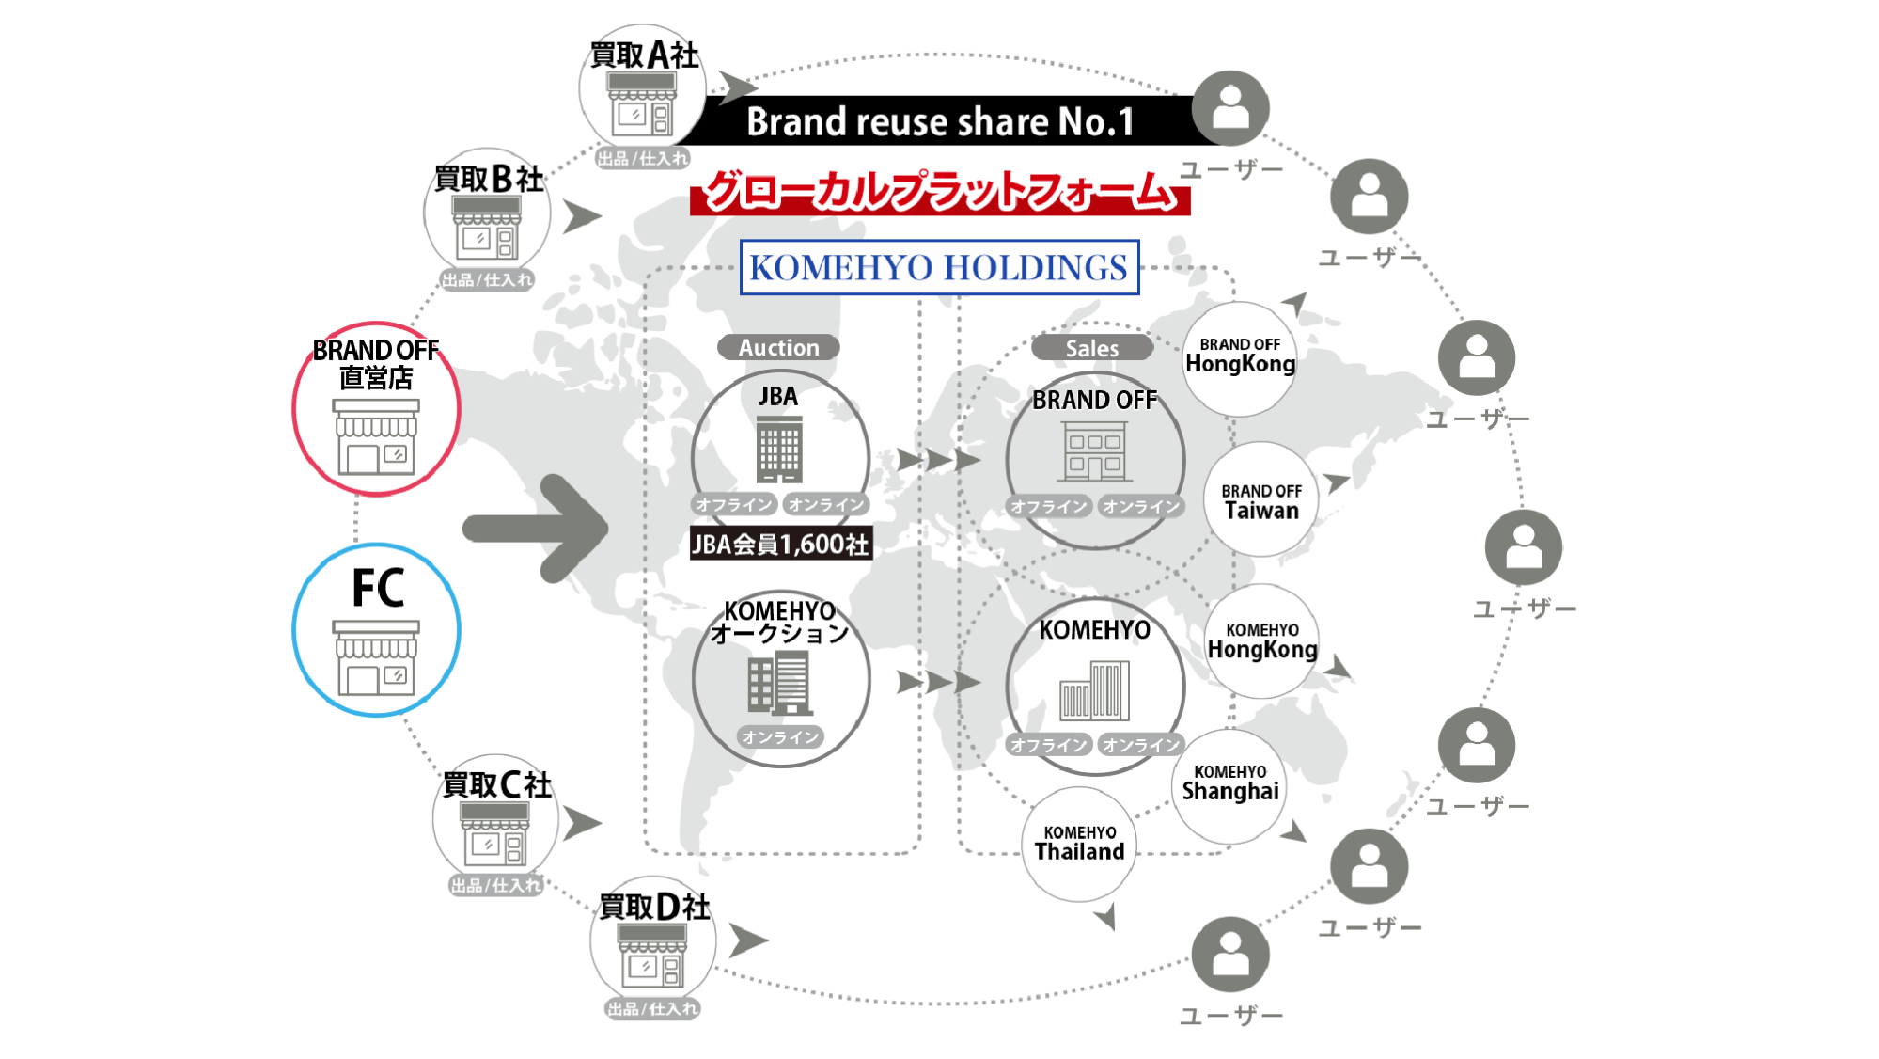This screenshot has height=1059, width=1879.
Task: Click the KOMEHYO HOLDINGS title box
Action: tap(939, 268)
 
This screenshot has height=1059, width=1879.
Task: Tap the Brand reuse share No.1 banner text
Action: tap(940, 121)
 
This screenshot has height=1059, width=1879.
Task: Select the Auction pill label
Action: tap(778, 348)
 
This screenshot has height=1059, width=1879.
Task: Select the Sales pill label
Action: tap(1092, 348)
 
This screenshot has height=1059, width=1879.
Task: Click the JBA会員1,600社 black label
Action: tap(781, 544)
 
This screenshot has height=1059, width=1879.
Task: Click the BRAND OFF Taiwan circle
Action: tap(1261, 499)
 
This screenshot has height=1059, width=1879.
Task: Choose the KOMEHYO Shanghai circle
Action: tap(1229, 786)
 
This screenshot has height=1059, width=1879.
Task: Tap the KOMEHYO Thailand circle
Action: tap(1079, 844)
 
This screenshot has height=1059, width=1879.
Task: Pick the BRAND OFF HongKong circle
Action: tap(1240, 358)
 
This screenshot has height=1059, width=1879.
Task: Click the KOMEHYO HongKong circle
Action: tap(1261, 640)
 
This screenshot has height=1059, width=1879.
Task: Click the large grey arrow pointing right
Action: tap(536, 529)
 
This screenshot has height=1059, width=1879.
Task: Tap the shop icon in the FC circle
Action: tap(376, 657)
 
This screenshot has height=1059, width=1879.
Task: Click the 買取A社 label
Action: tap(644, 55)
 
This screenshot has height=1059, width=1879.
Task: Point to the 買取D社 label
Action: tap(654, 907)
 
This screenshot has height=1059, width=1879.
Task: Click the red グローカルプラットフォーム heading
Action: tap(940, 192)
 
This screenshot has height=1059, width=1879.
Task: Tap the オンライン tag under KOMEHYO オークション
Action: tap(780, 737)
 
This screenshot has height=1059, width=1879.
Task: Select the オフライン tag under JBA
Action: tap(734, 505)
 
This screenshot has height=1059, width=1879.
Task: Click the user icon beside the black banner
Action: tap(1230, 108)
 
